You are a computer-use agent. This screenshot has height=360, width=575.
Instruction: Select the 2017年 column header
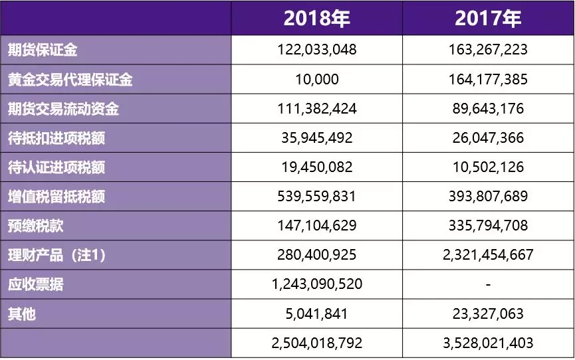click(488, 18)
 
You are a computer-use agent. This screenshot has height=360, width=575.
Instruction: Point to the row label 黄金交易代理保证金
click(70, 80)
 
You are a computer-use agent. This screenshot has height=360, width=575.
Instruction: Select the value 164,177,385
click(488, 80)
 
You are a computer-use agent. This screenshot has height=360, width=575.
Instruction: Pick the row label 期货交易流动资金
click(62, 109)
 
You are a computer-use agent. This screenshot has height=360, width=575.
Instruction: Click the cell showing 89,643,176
click(488, 109)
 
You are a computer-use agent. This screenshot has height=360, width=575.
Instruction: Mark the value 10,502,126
click(488, 167)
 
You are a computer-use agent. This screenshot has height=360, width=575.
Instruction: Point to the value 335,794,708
click(488, 226)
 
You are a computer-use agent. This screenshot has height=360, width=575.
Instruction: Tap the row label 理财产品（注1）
click(56, 255)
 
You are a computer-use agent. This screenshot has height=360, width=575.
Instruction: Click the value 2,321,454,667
click(488, 255)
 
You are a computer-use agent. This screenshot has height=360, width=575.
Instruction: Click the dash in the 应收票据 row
click(488, 284)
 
